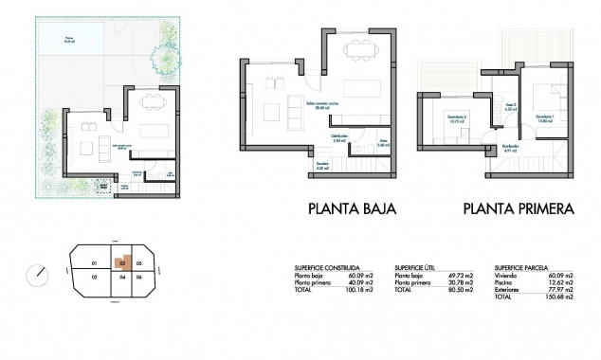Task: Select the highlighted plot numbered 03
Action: (122, 263)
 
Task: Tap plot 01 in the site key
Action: (93, 262)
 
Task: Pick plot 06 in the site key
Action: (137, 277)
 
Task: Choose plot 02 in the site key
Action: (95, 277)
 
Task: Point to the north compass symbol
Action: (39, 273)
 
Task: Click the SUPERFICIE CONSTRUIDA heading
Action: (327, 268)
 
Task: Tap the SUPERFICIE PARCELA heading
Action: (519, 268)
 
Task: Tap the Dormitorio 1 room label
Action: (544, 118)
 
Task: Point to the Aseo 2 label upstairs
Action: (509, 107)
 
